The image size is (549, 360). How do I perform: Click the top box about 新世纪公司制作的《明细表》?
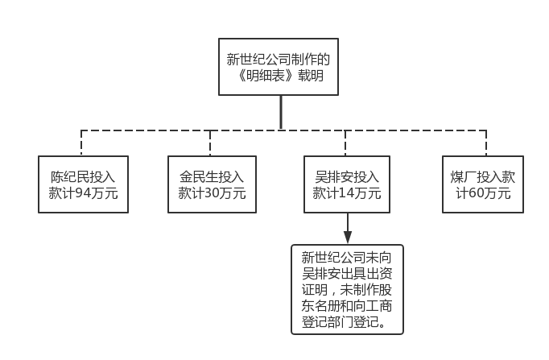(x=279, y=67)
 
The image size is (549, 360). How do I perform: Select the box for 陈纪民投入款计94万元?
(x=84, y=184)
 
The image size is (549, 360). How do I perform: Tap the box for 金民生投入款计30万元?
(x=212, y=184)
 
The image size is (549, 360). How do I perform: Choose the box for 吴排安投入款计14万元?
(x=347, y=184)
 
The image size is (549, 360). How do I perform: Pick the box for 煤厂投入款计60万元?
(x=483, y=184)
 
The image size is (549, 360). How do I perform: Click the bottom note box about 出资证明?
(x=347, y=290)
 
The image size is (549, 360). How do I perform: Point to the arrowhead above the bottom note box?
(x=347, y=238)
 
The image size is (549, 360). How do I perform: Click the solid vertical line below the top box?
(x=280, y=113)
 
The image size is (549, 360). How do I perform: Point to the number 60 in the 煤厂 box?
(x=477, y=194)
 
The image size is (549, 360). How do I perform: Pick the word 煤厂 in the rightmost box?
(x=462, y=176)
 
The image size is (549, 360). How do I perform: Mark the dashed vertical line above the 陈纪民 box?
(x=82, y=143)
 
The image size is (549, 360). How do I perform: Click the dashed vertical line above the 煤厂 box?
(x=483, y=143)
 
